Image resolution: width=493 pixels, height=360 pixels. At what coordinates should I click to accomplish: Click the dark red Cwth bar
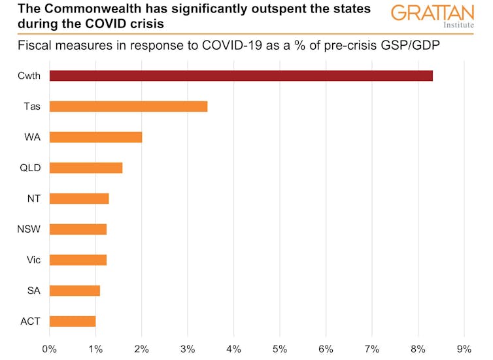tap(241, 76)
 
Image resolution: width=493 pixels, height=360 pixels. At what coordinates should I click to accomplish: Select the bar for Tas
tap(128, 106)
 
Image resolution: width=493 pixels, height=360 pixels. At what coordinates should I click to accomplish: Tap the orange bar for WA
tap(95, 137)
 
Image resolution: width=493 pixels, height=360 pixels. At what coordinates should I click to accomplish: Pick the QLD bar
tap(86, 168)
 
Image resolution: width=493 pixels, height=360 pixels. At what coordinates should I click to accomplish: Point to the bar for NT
tap(79, 199)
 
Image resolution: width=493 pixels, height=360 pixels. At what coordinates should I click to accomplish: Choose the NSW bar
tap(78, 229)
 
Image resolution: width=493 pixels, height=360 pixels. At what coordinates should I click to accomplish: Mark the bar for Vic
tap(78, 260)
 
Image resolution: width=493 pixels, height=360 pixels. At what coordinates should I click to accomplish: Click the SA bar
tap(75, 291)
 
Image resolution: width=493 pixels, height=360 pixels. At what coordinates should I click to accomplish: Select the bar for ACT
tap(73, 321)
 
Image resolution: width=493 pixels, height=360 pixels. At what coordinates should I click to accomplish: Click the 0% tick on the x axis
tap(50, 349)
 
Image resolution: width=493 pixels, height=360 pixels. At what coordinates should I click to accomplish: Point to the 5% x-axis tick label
tap(280, 349)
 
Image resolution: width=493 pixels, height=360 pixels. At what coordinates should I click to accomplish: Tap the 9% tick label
tap(464, 349)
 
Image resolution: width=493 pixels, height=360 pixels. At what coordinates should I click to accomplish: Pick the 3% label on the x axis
tap(188, 349)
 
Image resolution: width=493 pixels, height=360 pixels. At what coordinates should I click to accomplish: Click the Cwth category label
tap(29, 76)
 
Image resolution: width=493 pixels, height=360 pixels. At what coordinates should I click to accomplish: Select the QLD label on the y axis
tap(30, 168)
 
